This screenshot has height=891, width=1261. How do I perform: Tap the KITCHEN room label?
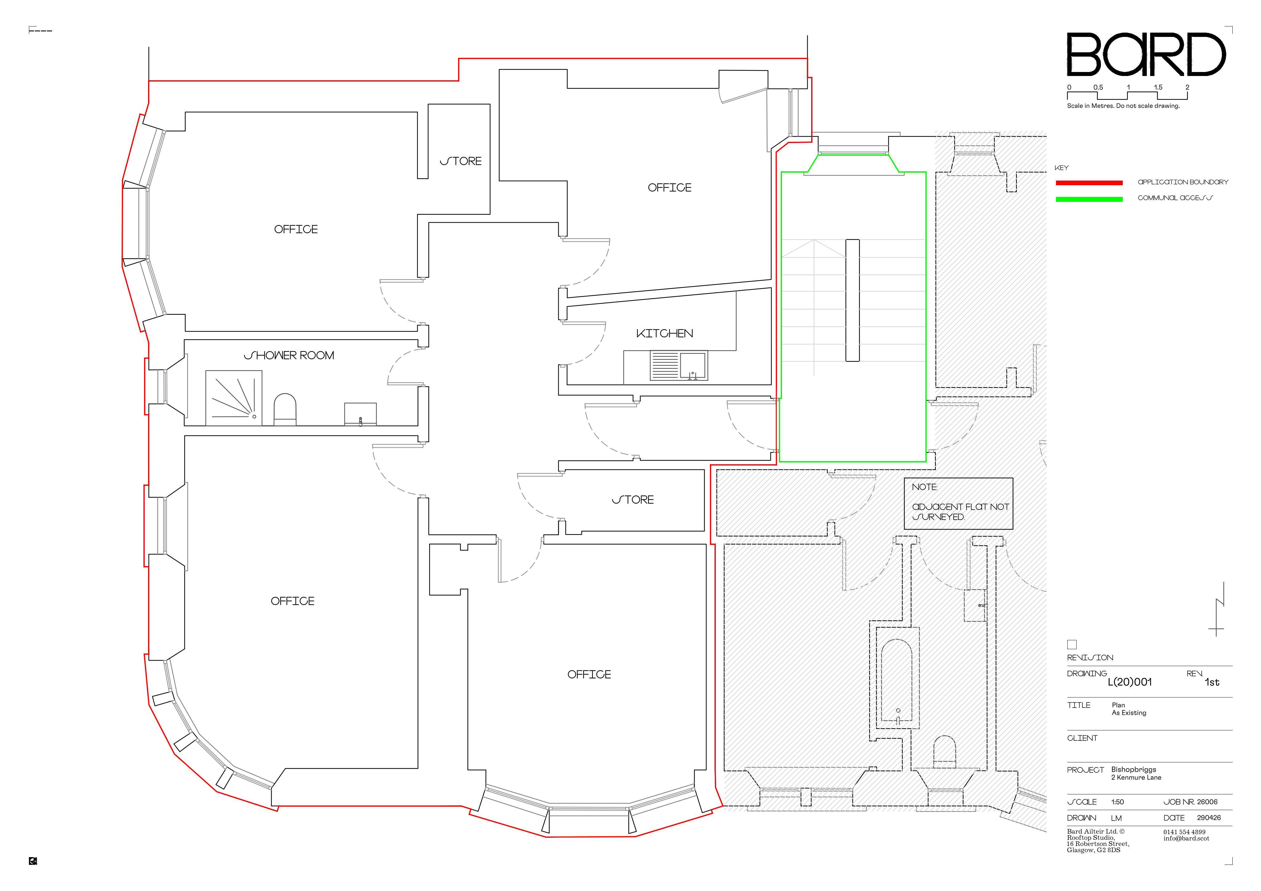click(665, 334)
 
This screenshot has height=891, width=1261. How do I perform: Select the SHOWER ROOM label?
click(289, 356)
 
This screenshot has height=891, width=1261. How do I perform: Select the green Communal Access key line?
click(1089, 199)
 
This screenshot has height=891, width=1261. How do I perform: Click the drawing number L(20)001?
click(1130, 682)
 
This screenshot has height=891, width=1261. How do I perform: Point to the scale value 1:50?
click(1118, 802)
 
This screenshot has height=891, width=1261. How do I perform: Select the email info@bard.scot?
click(1186, 838)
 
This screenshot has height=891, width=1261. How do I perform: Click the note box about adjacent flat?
click(958, 503)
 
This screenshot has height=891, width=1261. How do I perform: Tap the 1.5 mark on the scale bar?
click(1158, 87)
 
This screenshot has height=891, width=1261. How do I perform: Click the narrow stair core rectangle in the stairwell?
click(852, 300)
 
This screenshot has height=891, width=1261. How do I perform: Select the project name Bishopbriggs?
click(1134, 770)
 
